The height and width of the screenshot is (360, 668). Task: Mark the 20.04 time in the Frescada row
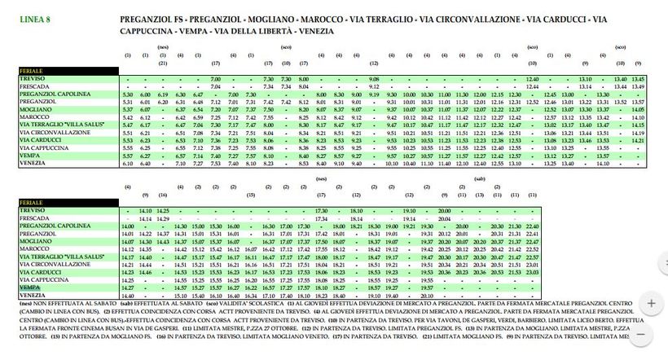coord(445,218)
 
